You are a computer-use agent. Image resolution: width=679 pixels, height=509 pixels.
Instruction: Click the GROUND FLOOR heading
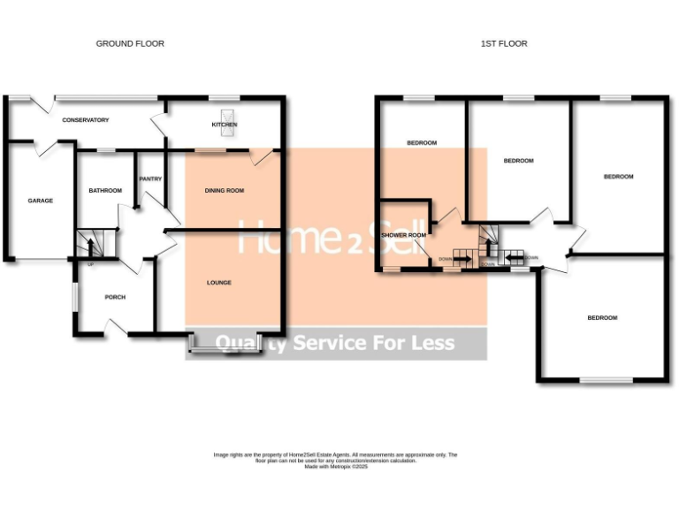(130, 43)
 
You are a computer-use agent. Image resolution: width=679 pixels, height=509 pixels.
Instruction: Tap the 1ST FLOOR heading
(504, 43)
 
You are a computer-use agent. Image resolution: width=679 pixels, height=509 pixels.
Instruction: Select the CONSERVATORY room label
(84, 120)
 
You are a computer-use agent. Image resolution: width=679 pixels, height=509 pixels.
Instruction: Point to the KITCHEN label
(225, 125)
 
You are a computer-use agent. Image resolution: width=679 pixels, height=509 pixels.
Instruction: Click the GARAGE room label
(40, 201)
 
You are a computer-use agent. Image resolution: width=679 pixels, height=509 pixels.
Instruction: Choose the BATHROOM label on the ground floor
(104, 190)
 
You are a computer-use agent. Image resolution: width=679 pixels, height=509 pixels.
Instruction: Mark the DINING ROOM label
(224, 190)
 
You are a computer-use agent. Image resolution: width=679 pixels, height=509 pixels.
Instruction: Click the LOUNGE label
(218, 283)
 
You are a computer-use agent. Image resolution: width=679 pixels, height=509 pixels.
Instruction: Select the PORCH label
(115, 297)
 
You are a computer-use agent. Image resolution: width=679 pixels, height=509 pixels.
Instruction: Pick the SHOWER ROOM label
(403, 235)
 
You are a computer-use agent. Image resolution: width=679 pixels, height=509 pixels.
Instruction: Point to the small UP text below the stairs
(89, 264)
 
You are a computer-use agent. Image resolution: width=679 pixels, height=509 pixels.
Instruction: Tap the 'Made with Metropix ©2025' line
(335, 466)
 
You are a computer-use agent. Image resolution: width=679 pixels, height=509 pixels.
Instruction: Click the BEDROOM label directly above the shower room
(421, 142)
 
